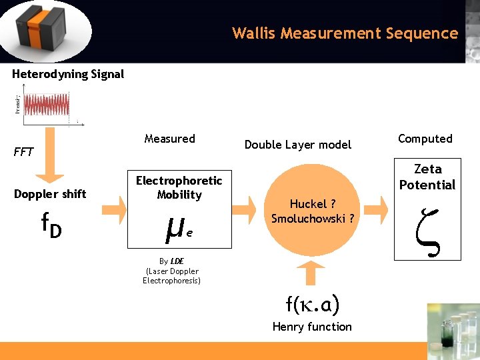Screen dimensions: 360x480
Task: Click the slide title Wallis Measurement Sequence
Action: click(345, 33)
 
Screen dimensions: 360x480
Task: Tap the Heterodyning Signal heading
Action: click(68, 74)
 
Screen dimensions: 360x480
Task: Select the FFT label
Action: click(23, 152)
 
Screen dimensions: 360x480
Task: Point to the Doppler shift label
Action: click(50, 194)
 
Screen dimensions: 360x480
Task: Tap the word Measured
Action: click(169, 139)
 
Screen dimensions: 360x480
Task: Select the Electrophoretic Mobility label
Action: click(179, 187)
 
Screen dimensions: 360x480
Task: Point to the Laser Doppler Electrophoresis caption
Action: click(171, 271)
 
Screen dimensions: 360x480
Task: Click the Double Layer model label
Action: click(297, 145)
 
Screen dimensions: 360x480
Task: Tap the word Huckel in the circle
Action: click(307, 204)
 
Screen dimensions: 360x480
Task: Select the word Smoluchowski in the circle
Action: click(307, 218)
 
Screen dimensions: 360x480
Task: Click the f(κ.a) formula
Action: click(312, 305)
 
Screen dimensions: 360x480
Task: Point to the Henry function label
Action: click(311, 327)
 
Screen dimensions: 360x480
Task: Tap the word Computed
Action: click(425, 139)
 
